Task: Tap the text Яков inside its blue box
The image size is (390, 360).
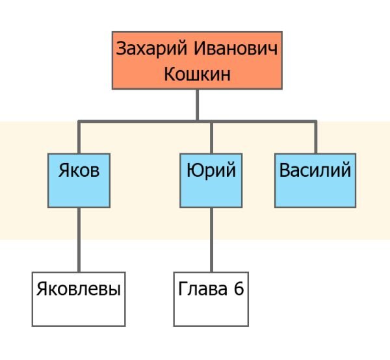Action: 79,171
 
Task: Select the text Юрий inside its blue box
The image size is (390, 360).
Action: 211,171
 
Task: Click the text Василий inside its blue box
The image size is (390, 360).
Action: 315,171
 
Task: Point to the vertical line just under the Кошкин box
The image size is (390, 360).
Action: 197,104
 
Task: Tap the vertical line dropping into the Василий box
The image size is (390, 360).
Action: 315,137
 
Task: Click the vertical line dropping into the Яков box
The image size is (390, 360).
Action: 79,137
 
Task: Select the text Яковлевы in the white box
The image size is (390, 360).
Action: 79,289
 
